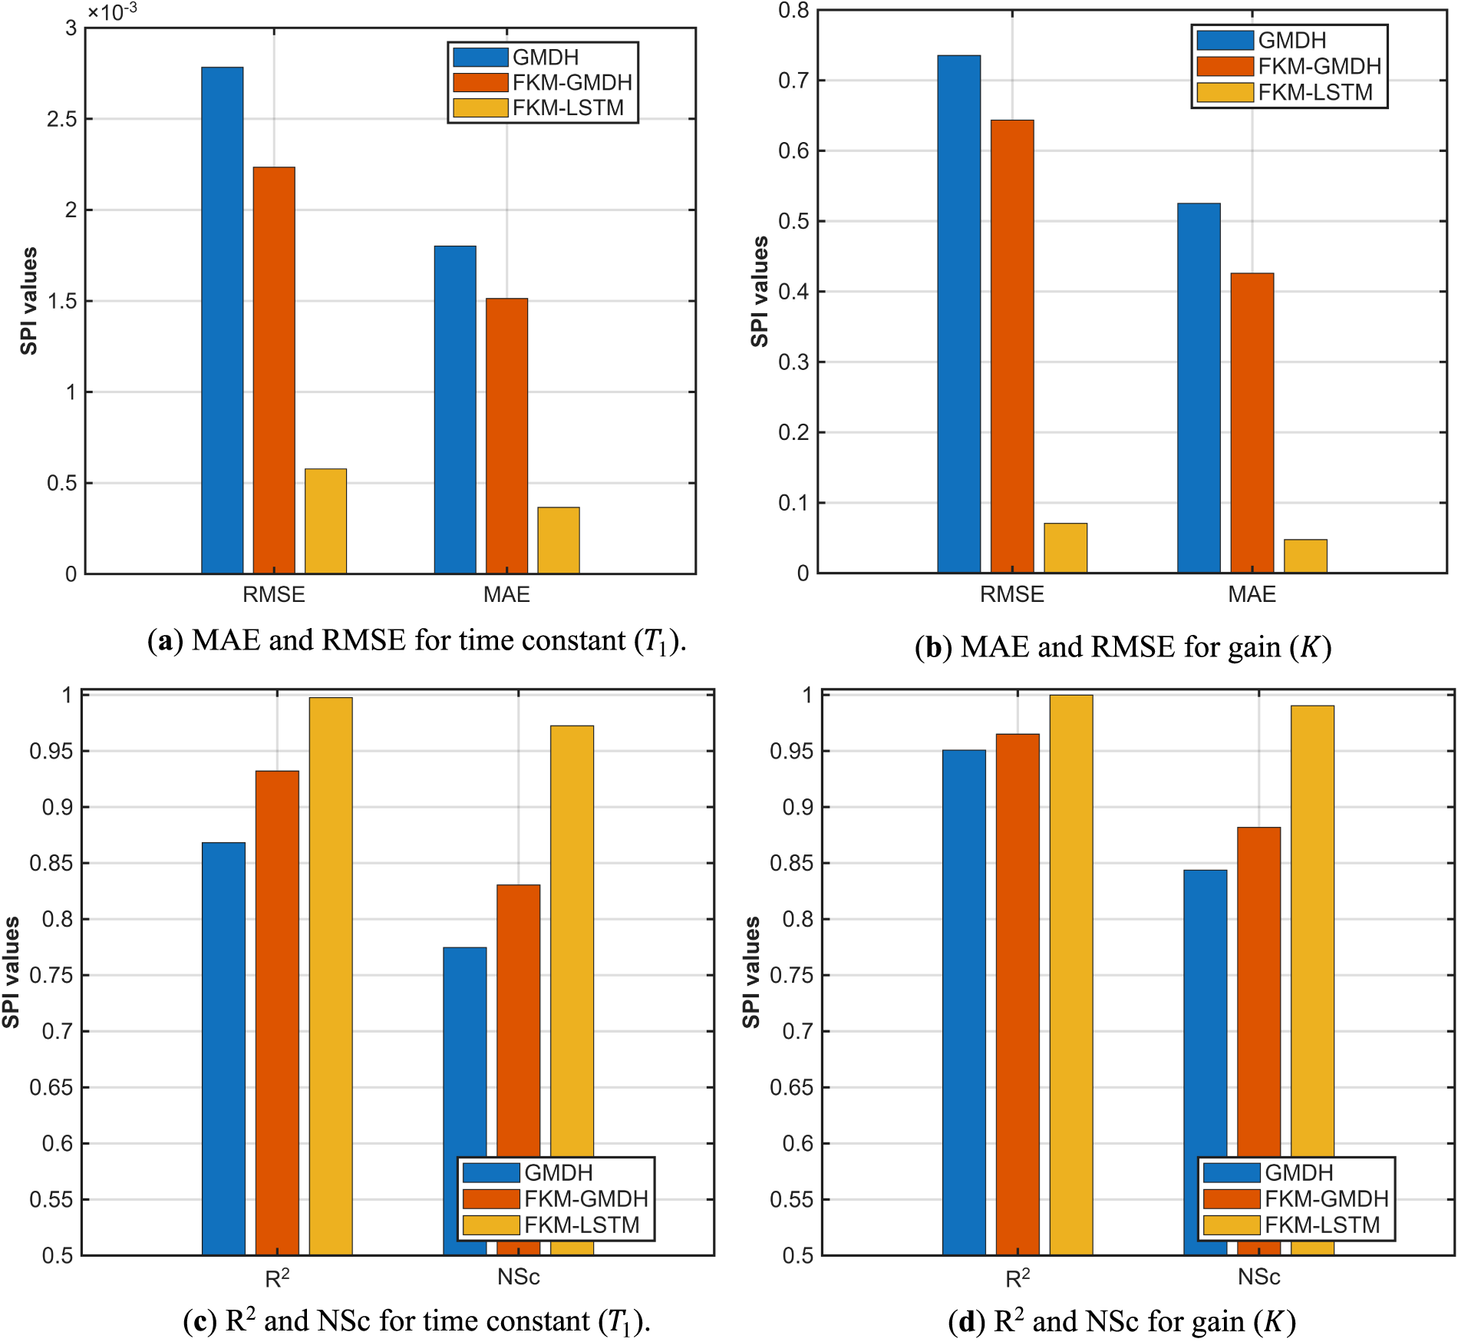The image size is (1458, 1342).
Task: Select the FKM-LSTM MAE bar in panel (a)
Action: (x=559, y=540)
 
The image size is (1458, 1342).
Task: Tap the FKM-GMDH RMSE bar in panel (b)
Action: (x=1012, y=346)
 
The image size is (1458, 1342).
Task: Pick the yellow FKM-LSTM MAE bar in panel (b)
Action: (x=1305, y=556)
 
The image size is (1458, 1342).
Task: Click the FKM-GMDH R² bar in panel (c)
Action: (x=277, y=1013)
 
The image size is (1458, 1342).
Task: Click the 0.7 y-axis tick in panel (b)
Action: (x=794, y=81)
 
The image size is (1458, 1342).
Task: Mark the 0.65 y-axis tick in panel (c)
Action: (x=51, y=1087)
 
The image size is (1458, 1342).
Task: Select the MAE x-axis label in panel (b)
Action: (x=1252, y=594)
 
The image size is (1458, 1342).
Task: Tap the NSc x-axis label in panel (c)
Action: (x=518, y=1277)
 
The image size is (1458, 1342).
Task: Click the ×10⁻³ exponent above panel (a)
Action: (x=112, y=12)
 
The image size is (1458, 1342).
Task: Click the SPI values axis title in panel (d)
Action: (x=751, y=971)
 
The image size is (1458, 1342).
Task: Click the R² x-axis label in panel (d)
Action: (x=1018, y=1278)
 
